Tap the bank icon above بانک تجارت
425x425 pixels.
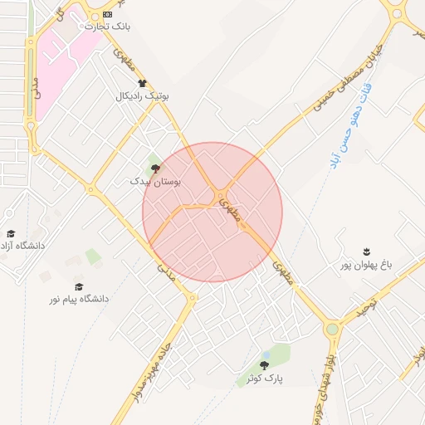[107, 15]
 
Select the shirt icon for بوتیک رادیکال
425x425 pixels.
[142, 83]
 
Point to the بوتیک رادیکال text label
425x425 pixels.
[142, 96]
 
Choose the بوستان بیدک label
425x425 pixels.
[155, 180]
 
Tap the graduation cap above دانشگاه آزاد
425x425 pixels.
[11, 233]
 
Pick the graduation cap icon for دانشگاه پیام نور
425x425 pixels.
[78, 286]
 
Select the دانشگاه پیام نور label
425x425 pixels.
[76, 298]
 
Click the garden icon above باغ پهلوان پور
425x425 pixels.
[366, 252]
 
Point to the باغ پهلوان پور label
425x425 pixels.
[366, 265]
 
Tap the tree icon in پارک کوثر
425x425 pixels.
[264, 365]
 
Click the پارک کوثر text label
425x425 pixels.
[264, 379]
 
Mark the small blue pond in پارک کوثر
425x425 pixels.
[265, 354]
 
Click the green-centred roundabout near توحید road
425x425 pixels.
[333, 330]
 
